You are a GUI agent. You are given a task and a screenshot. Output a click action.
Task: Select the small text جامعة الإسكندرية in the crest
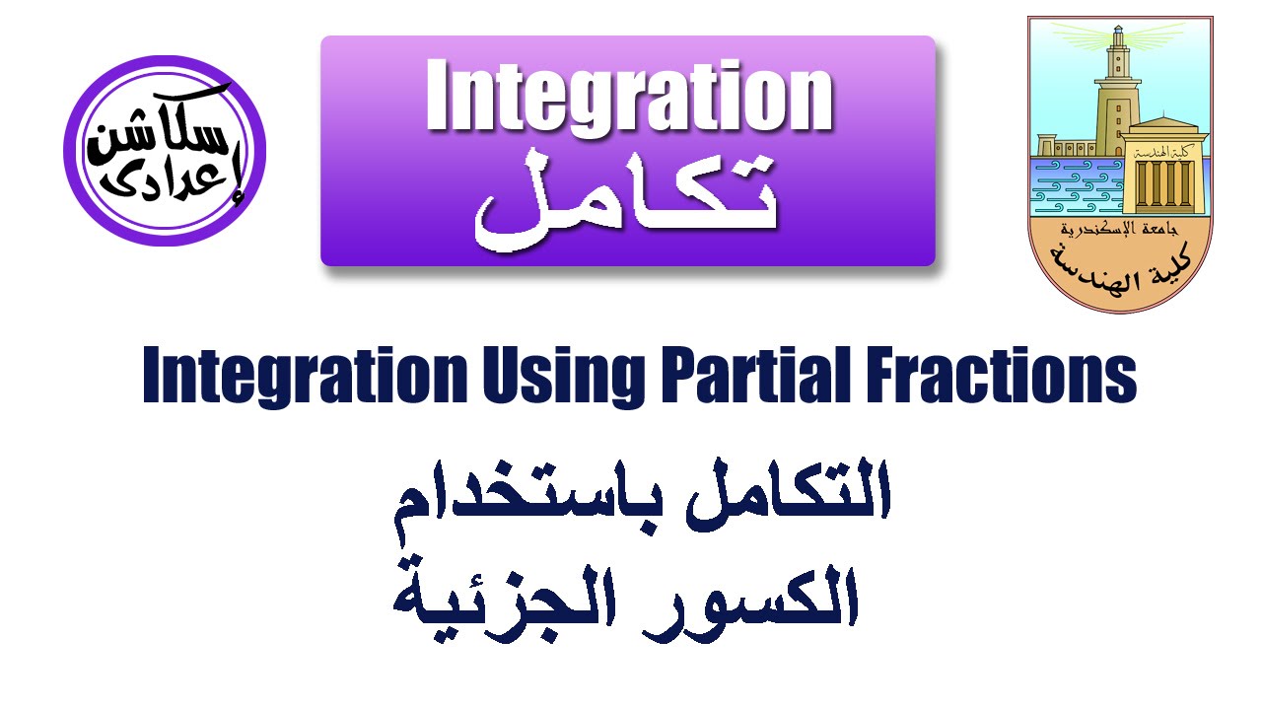[x=1120, y=233]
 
